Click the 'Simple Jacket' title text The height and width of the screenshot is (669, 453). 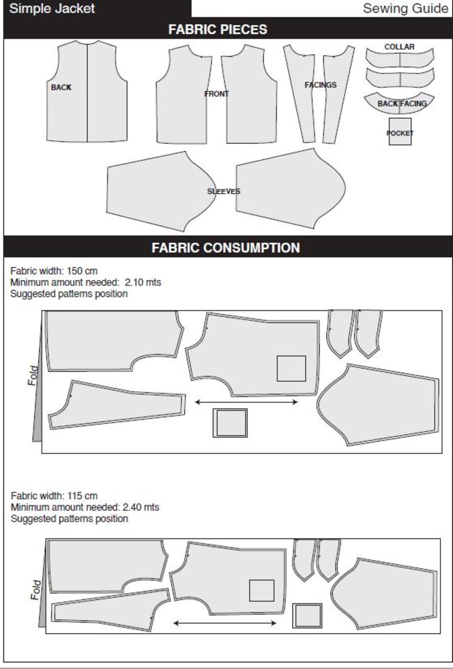point(52,9)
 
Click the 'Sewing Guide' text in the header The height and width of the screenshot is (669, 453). point(405,9)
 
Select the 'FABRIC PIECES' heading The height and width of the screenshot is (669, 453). point(217,30)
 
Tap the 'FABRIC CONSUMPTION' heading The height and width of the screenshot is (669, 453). point(225,248)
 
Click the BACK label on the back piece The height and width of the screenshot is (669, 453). point(61,88)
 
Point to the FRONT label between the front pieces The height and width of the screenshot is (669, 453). point(217,94)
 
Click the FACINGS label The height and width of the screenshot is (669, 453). point(320,85)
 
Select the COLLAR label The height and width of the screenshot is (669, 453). point(399,47)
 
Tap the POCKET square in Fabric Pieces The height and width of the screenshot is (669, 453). point(400,132)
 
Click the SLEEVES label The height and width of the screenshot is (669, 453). point(224,192)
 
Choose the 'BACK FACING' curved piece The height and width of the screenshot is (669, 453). point(402,103)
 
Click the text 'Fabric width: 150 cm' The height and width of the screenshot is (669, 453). point(50,271)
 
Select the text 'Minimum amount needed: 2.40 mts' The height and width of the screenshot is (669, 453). point(85,507)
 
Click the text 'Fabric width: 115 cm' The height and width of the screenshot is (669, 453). point(50,496)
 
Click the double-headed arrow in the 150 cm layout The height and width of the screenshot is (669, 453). point(246,402)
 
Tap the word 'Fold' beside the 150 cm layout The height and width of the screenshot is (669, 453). point(33,375)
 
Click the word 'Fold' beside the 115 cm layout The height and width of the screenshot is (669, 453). point(35,589)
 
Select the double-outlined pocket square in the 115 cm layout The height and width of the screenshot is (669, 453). point(307,616)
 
